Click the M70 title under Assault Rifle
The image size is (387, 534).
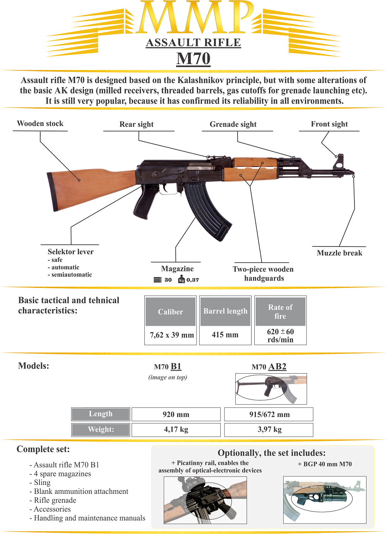tap(193, 59)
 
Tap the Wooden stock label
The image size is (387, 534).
tap(40, 124)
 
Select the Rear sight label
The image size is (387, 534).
tap(137, 124)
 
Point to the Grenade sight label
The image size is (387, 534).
tap(233, 124)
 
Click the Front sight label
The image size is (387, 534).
tap(329, 124)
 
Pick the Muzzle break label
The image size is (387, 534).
tap(339, 253)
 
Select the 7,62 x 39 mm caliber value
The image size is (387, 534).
tap(172, 335)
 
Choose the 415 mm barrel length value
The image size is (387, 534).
tap(225, 335)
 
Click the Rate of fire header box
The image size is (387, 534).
tap(281, 311)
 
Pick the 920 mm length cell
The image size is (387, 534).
tap(176, 415)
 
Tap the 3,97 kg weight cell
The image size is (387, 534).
tap(269, 429)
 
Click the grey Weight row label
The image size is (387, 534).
tap(101, 429)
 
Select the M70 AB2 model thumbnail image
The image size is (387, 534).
tap(271, 389)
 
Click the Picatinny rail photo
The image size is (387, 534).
tap(205, 500)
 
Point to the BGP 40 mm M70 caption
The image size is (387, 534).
tap(325, 464)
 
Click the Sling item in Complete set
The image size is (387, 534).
tap(42, 483)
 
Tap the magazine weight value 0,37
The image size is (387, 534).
tap(193, 280)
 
